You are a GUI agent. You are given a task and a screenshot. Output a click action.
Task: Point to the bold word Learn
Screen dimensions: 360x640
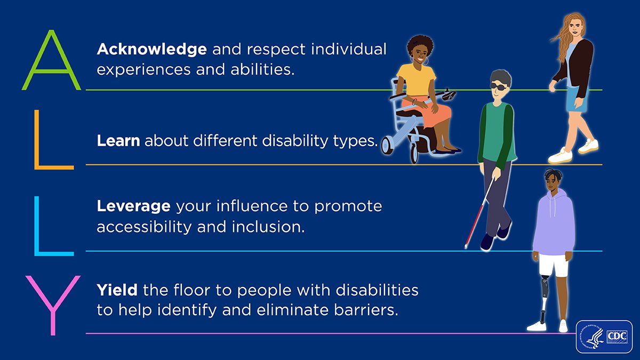coord(118,141)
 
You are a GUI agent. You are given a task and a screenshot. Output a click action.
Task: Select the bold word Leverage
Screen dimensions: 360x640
coord(134,206)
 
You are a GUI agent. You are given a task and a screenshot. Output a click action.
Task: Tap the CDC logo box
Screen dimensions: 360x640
coord(604,337)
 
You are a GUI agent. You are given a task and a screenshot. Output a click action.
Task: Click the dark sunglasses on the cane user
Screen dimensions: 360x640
coord(499,87)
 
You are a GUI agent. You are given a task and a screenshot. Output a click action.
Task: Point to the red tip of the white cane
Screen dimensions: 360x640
coord(467,246)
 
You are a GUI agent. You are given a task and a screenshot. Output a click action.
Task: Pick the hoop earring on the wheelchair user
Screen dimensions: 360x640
coord(425,62)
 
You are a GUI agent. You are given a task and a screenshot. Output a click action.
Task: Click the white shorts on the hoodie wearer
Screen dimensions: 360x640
coord(553,265)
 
